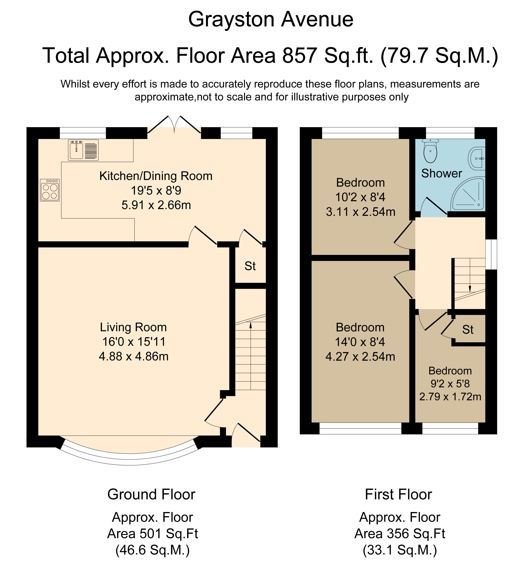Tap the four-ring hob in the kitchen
[x=50, y=190]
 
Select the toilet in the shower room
[x=430, y=151]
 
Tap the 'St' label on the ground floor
[x=250, y=266]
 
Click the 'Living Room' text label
[x=133, y=327]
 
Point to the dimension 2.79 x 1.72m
[x=450, y=397]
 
